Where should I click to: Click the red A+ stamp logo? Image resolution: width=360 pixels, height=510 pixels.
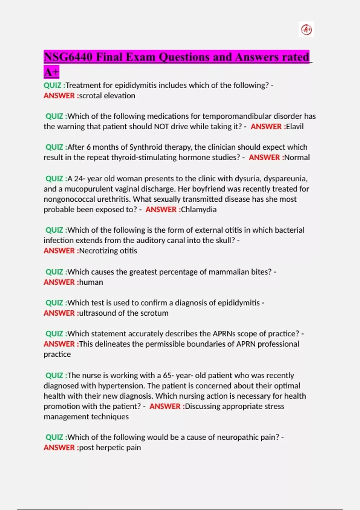(306, 30)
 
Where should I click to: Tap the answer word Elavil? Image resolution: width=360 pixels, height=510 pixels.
(295, 127)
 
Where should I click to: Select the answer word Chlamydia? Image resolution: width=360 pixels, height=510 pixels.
(199, 209)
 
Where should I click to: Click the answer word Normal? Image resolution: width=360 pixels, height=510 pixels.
(297, 157)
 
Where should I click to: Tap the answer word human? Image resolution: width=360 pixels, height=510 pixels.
(91, 282)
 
